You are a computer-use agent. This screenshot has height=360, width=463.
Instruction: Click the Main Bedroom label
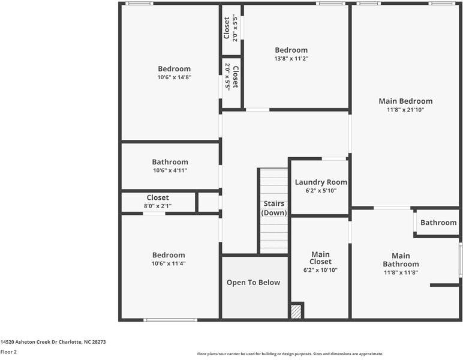tap(405, 101)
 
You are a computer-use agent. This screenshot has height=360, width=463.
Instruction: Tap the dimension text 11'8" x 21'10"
tap(405, 110)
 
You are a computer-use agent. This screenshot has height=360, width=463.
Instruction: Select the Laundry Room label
tap(321, 182)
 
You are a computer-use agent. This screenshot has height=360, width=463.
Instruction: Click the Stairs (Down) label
tap(273, 208)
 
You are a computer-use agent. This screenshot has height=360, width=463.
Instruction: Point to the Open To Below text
tap(253, 283)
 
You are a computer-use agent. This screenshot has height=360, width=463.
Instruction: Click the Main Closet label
tap(320, 258)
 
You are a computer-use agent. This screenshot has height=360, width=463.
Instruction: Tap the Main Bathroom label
tap(401, 260)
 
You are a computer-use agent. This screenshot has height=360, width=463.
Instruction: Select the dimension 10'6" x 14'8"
tap(175, 77)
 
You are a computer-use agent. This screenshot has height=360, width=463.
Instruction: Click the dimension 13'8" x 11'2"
tap(291, 59)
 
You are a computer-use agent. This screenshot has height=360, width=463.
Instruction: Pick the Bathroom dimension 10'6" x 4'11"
tap(170, 170)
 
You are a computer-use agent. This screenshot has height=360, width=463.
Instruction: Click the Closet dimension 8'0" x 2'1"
tap(158, 206)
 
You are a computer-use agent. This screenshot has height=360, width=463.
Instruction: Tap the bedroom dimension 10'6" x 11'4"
tap(169, 263)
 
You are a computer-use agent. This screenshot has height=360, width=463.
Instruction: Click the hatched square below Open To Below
tap(296, 312)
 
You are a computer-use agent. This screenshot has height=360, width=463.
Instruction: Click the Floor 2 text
tap(8, 352)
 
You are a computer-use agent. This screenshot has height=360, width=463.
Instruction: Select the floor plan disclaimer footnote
tap(290, 354)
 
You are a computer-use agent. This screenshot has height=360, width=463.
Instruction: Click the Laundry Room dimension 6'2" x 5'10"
tap(321, 191)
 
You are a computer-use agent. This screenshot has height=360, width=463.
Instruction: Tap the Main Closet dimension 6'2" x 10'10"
tap(320, 270)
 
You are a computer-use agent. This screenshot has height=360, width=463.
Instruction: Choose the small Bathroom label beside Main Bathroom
tap(438, 223)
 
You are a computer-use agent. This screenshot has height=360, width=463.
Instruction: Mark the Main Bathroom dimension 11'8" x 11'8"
tap(401, 272)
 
